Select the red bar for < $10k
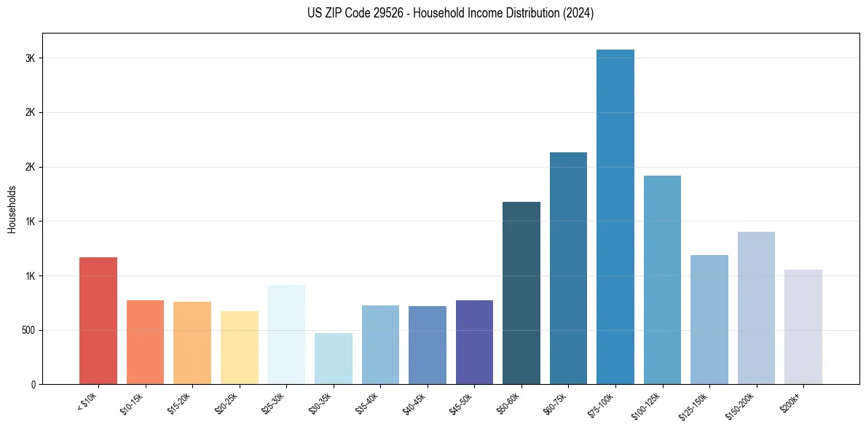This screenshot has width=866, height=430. (x=98, y=321)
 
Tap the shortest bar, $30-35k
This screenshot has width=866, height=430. (x=333, y=359)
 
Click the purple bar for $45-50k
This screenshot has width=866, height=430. (x=474, y=342)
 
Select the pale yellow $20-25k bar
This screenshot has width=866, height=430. (x=240, y=348)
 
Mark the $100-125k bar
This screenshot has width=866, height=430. (x=662, y=280)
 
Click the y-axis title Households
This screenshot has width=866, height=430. (x=12, y=208)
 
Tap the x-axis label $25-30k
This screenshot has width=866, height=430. (x=274, y=402)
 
